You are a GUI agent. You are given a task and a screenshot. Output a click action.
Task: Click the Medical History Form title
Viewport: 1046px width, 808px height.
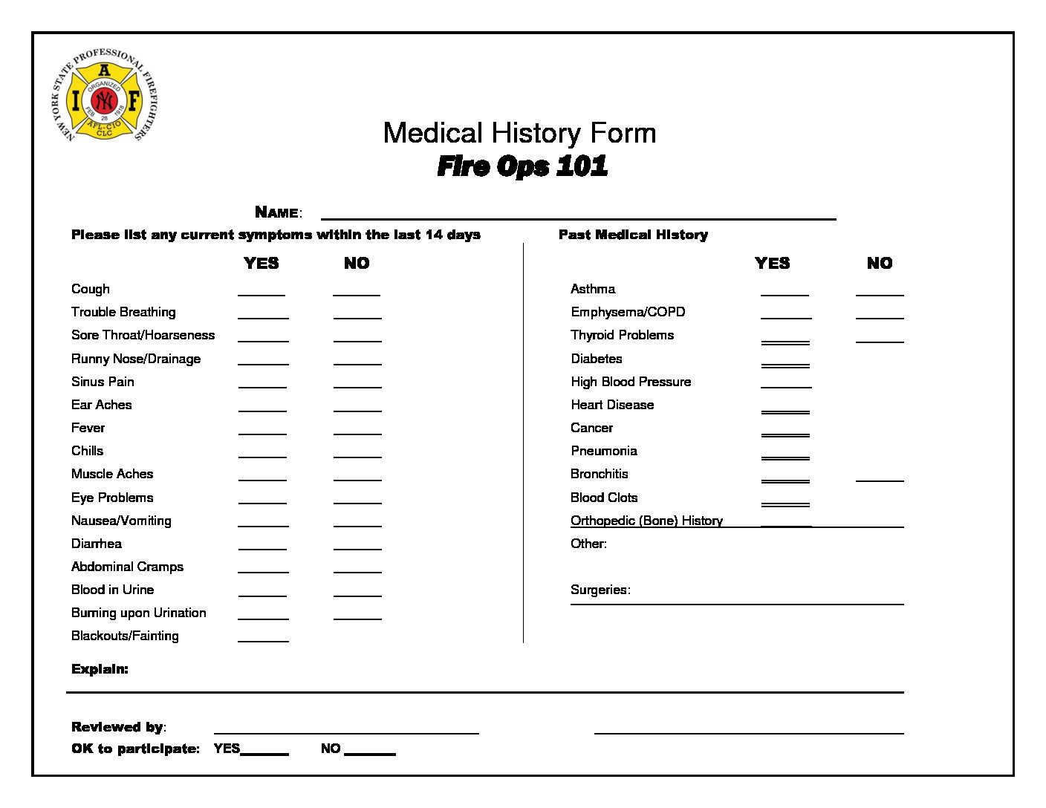point(519,134)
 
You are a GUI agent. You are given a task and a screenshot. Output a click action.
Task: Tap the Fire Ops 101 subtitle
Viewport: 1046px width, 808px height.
point(522,166)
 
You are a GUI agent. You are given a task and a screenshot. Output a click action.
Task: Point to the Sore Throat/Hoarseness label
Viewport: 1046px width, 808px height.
point(143,335)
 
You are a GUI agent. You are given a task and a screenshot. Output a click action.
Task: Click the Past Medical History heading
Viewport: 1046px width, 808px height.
point(633,235)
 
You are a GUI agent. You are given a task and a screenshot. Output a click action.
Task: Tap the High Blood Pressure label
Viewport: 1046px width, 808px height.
point(631,382)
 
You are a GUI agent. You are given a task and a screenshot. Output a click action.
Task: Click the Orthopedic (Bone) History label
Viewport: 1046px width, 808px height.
point(646,521)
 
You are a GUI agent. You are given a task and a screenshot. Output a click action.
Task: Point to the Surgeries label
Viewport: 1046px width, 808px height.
point(600,590)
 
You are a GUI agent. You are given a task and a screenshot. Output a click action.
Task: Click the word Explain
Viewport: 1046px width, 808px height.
point(100,669)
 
